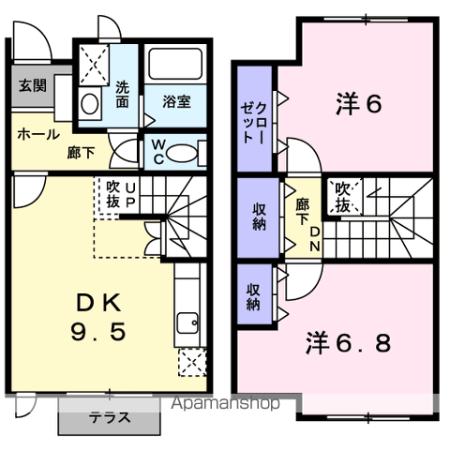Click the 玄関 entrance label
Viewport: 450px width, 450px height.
[33, 85]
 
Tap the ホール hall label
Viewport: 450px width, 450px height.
[38, 135]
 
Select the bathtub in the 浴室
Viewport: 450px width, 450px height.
[175, 64]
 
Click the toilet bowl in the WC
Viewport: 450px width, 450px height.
[182, 153]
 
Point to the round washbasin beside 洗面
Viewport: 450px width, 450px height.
[90, 104]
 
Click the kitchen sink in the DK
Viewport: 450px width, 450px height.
[187, 323]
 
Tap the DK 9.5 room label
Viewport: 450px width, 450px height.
[98, 317]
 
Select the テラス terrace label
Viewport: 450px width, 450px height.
[110, 417]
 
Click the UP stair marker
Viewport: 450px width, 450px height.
[130, 195]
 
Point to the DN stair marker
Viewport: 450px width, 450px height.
[315, 239]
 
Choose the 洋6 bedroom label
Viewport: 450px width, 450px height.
[359, 104]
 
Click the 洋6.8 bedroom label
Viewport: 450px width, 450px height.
[348, 343]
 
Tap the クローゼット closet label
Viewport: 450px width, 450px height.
[253, 123]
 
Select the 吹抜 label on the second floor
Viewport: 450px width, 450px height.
[342, 198]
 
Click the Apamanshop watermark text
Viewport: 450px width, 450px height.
[225, 403]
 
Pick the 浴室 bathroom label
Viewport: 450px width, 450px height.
[176, 102]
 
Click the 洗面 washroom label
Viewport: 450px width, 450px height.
[123, 95]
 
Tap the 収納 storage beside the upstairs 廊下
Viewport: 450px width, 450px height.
[259, 217]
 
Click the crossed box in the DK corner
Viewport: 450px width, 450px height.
[192, 363]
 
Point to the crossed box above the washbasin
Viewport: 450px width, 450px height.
[94, 65]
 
